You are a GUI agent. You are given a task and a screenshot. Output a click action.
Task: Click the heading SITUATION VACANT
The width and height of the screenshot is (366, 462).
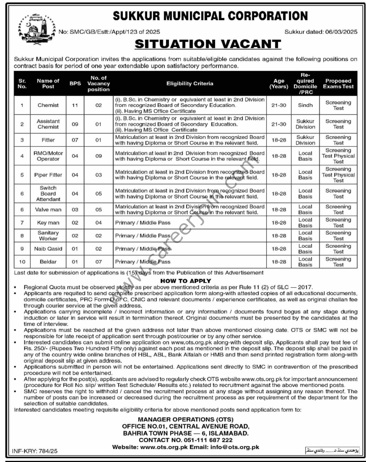click(208, 44)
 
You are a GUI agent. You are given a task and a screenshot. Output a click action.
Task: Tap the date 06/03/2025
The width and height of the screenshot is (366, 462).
click(341, 32)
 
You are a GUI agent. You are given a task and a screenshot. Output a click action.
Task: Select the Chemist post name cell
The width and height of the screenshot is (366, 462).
click(48, 105)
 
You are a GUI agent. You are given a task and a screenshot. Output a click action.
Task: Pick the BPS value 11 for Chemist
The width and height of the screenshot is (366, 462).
click(75, 105)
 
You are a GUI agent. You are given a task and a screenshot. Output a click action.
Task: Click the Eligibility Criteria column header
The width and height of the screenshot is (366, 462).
click(190, 84)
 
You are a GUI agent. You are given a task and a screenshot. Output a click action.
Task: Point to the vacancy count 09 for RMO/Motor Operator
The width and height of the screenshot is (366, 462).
click(98, 156)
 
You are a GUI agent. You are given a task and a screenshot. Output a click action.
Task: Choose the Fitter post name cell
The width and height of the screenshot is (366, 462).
click(48, 140)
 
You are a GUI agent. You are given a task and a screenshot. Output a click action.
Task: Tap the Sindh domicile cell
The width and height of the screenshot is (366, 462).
click(305, 105)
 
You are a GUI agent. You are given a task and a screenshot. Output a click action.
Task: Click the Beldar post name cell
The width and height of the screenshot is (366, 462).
click(48, 262)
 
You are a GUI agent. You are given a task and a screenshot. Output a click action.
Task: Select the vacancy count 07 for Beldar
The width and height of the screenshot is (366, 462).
click(98, 262)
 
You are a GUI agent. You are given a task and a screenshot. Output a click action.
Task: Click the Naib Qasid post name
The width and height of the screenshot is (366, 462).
click(48, 249)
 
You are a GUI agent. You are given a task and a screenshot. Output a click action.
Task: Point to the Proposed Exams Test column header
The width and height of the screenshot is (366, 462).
click(338, 84)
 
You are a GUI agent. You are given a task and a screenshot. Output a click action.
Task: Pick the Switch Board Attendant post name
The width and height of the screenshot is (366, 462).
click(48, 193)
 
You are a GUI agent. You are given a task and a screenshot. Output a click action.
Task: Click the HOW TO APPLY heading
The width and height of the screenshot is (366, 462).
click(186, 281)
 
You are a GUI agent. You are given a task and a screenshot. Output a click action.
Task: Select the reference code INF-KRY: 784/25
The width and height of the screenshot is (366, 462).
click(35, 451)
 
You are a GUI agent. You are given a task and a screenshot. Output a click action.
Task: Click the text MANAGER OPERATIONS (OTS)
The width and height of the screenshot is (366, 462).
click(186, 419)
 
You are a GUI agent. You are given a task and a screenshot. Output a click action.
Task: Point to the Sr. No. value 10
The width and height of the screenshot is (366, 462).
click(22, 262)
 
